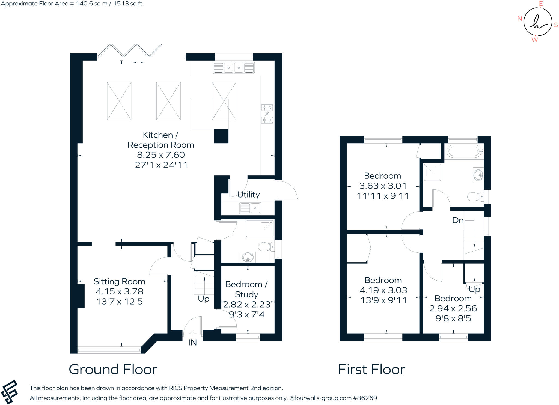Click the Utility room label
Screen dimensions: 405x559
click(248, 195)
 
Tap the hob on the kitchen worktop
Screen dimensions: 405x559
click(267, 114)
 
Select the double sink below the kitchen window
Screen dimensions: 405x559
click(234, 67)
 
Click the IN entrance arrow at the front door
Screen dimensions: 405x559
click(192, 333)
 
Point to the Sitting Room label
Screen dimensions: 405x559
click(119, 281)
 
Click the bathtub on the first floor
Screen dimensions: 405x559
click(464, 151)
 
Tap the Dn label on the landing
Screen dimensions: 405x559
click(458, 220)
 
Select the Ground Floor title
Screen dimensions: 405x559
click(113, 369)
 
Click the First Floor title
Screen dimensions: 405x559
click(371, 369)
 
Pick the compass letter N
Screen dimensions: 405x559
click(520, 19)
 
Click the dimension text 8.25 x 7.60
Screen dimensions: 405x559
click(161, 155)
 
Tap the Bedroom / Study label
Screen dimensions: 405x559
click(246, 289)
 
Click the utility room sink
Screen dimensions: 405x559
click(250, 208)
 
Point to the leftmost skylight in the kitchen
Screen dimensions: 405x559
click(119, 101)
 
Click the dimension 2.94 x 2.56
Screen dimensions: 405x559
click(453, 308)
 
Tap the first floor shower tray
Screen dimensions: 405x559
click(433, 172)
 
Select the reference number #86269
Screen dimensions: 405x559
click(365, 398)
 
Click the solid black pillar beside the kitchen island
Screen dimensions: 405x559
click(221, 136)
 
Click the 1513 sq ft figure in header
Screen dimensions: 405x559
click(127, 4)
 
